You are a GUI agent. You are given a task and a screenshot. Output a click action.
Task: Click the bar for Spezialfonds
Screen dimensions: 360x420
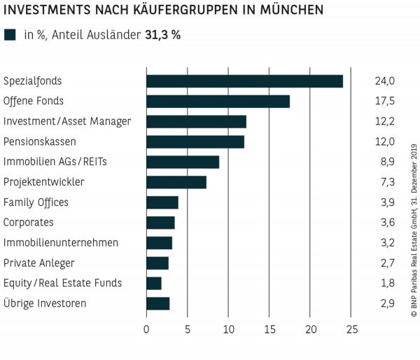[244, 81]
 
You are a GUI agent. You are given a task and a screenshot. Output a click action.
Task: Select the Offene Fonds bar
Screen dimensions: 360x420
[218, 102]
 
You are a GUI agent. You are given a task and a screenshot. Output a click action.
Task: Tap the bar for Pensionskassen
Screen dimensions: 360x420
[195, 142]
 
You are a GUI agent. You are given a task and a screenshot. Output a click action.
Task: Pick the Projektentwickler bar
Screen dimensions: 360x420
[176, 182]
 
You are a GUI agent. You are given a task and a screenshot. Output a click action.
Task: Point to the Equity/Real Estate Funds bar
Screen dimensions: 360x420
[154, 283]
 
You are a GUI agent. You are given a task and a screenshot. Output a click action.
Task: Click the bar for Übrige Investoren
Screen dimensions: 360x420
[158, 303]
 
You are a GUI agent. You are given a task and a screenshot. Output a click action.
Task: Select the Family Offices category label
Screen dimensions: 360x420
[36, 202]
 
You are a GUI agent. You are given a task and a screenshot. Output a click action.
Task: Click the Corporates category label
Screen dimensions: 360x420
[29, 223]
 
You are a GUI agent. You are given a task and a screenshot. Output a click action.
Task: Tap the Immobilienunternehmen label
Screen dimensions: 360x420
[61, 243]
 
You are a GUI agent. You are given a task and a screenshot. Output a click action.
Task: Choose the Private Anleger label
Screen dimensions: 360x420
[38, 263]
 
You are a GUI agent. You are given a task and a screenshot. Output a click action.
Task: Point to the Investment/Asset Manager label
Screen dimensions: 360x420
[67, 121]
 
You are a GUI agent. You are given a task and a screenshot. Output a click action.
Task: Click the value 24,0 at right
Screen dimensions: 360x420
[385, 81]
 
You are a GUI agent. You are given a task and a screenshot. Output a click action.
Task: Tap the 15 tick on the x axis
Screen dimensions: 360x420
[269, 329]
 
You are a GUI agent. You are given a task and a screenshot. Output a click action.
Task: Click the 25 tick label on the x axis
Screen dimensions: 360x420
[351, 329]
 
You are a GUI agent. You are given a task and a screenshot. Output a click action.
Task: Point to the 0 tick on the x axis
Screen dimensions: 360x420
[146, 329]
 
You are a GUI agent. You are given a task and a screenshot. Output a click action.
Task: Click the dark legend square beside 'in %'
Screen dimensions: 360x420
[10, 35]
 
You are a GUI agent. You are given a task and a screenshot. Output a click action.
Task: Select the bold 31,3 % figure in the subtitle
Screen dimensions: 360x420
[162, 35]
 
